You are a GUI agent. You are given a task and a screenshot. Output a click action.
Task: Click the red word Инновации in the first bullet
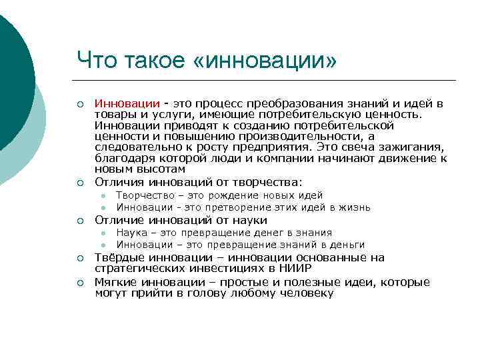pos(127,104)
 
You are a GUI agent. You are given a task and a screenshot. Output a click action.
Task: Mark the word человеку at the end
pos(306,293)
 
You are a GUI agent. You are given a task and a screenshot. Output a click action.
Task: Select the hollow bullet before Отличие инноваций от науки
pos(79,221)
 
